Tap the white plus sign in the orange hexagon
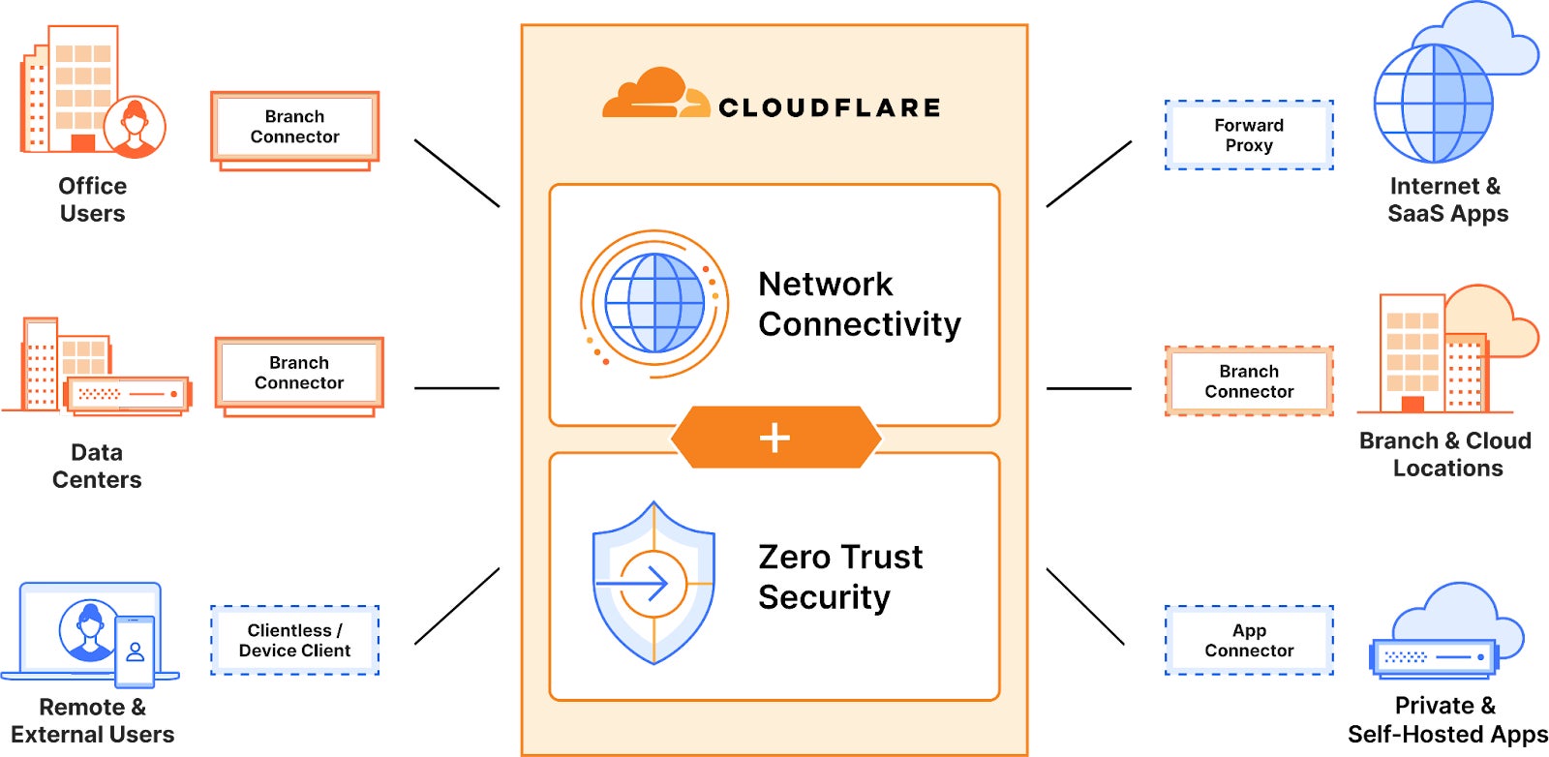(774, 438)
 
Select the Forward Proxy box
(1249, 136)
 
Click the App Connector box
(1249, 641)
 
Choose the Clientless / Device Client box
(294, 641)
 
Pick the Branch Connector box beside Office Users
(294, 127)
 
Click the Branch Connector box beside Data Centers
(299, 373)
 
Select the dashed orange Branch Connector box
(1249, 381)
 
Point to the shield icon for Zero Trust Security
(653, 583)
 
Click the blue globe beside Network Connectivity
(654, 303)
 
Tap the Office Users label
(93, 199)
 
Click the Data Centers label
(97, 466)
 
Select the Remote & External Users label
(93, 720)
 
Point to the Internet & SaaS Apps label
(1447, 199)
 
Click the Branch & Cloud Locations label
(1446, 454)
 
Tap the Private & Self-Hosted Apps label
(1447, 719)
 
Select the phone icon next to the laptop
(135, 651)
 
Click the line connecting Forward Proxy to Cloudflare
(1089, 173)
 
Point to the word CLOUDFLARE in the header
(830, 107)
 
